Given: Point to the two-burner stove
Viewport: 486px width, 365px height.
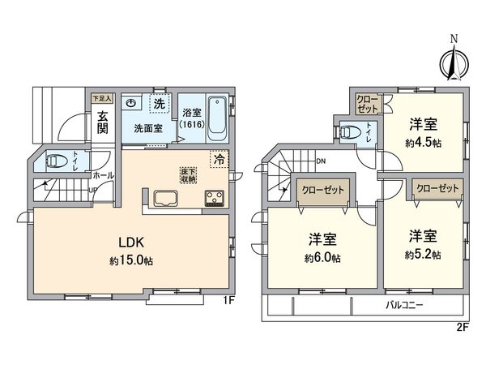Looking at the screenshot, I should coord(216,199).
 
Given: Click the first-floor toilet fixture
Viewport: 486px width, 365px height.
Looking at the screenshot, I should coord(58,161).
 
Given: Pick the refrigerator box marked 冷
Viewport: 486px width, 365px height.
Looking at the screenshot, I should coord(219,159).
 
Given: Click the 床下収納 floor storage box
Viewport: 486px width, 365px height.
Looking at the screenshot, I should coord(187,174).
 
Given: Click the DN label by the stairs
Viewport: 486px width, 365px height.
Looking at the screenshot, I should coord(321,160).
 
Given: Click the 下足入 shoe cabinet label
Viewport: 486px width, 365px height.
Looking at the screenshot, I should coord(101,96).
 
